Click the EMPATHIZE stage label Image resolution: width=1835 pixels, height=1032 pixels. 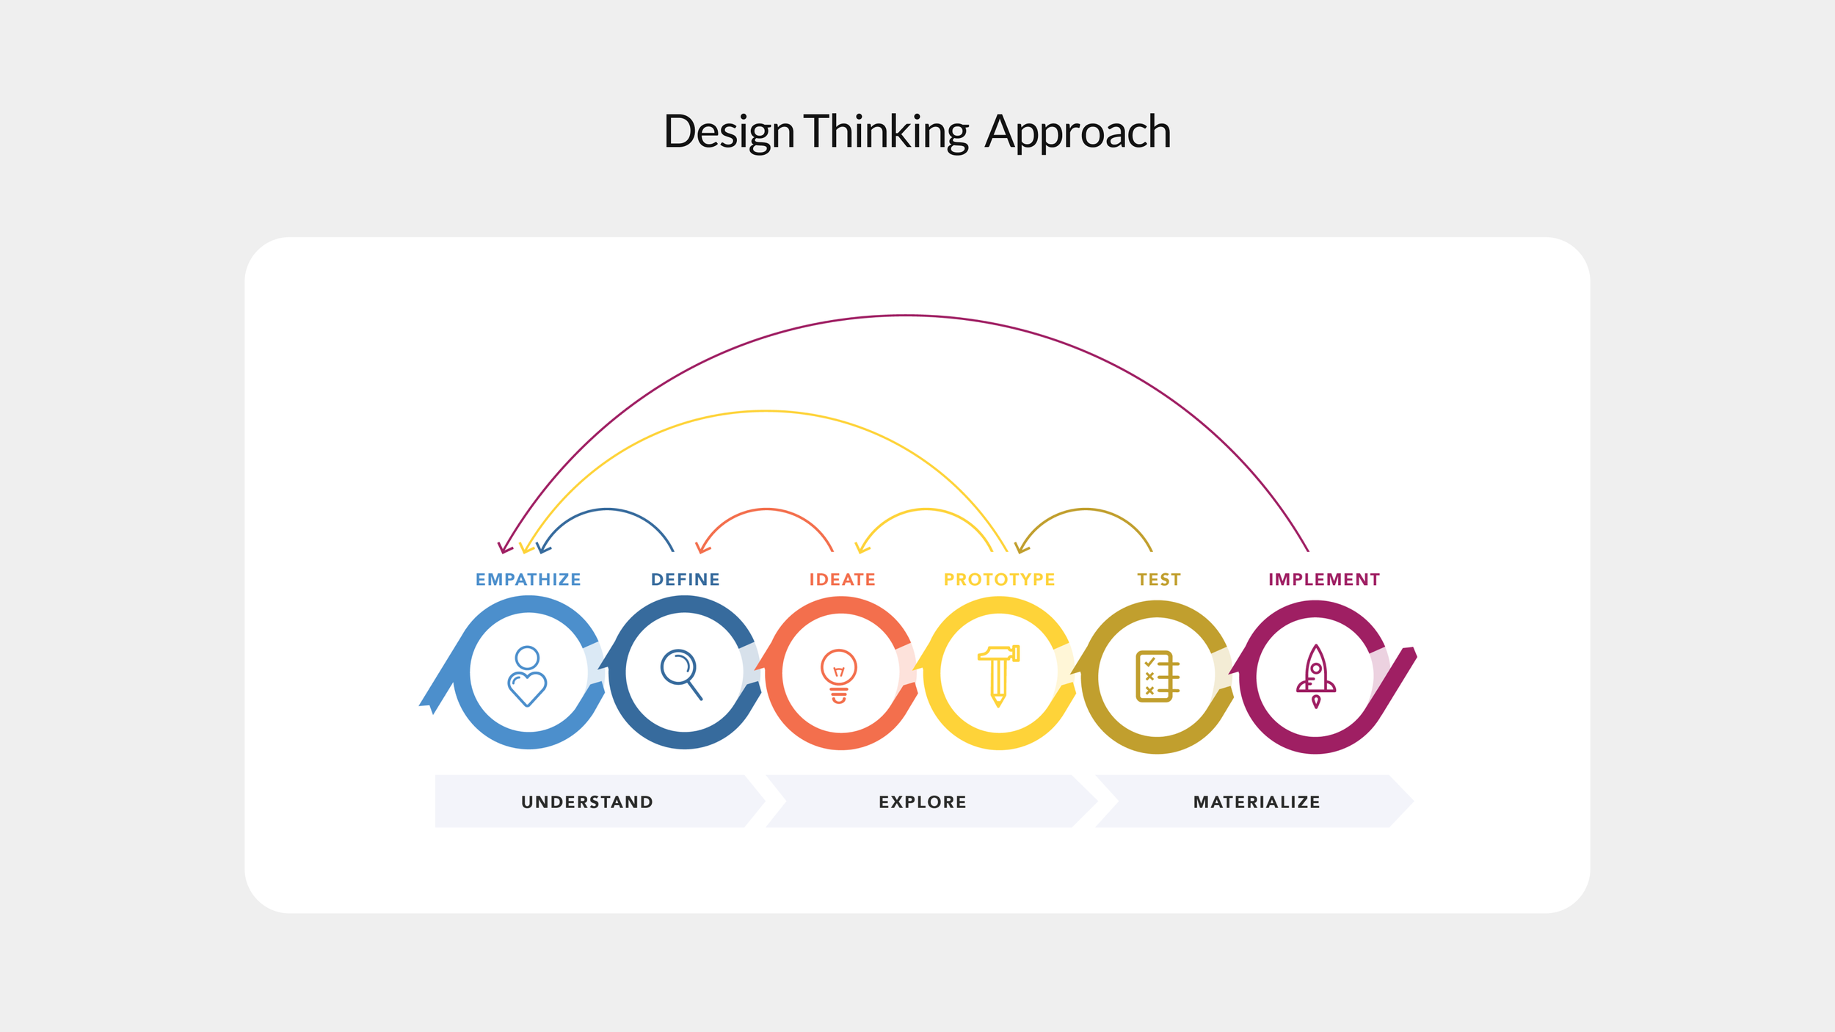click(x=528, y=580)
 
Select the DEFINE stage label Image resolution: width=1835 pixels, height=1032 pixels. click(x=685, y=580)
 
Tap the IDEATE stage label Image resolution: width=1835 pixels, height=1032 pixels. click(x=842, y=580)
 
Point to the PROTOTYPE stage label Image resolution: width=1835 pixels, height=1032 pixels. click(x=999, y=580)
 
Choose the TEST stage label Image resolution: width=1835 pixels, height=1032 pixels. click(x=1159, y=580)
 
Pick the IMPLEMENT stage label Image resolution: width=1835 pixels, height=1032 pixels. click(x=1323, y=580)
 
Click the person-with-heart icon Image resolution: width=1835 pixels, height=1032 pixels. click(x=527, y=676)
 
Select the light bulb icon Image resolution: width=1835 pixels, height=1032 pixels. click(x=839, y=676)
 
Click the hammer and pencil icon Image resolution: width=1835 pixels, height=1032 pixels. click(x=998, y=676)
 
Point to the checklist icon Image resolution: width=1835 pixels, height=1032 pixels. click(x=1157, y=676)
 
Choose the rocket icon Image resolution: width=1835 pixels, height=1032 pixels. click(x=1316, y=676)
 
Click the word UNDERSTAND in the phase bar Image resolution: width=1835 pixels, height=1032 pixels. click(x=587, y=802)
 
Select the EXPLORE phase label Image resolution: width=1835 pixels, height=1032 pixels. click(x=923, y=802)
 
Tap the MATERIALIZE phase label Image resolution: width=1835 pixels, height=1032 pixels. click(x=1257, y=802)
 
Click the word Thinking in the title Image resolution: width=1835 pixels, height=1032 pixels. click(x=887, y=132)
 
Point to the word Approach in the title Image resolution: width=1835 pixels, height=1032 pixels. click(x=1078, y=132)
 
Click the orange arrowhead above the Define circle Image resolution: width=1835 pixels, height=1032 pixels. click(x=701, y=548)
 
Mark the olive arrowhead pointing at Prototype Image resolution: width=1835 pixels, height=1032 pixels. click(x=1020, y=548)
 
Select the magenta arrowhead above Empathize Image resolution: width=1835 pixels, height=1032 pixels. click(x=504, y=548)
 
